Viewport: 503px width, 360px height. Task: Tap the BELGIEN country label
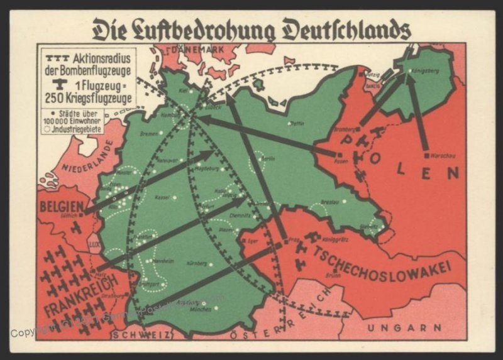click(61, 206)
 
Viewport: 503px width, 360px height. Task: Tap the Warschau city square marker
click(426, 153)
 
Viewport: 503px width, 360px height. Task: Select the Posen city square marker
click(340, 155)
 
